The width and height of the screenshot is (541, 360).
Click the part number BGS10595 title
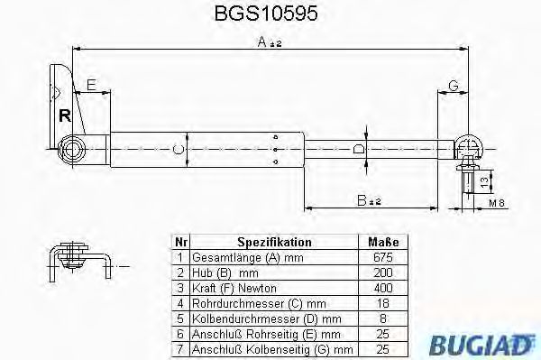[x=270, y=14]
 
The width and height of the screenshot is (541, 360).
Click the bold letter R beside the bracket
[x=63, y=115]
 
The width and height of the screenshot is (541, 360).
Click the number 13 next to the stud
[x=483, y=182]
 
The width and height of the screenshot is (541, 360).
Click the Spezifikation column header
[x=274, y=242]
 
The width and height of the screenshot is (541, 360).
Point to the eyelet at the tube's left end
[x=71, y=148]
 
